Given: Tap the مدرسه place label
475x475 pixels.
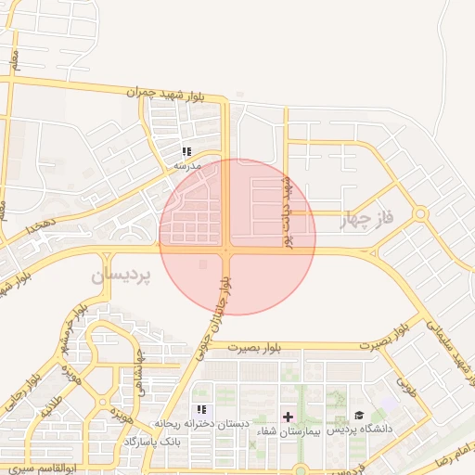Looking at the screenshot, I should pyautogui.click(x=187, y=166).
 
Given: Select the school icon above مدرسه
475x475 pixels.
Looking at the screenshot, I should pyautogui.click(x=186, y=151).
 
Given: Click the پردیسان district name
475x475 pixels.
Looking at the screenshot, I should pyautogui.click(x=121, y=276).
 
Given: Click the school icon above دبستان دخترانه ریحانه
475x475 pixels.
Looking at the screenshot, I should pyautogui.click(x=201, y=409).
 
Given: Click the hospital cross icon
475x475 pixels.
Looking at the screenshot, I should pyautogui.click(x=288, y=417).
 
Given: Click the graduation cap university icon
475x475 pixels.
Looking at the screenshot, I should pyautogui.click(x=359, y=416).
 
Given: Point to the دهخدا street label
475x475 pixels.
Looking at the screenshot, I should pyautogui.click(x=42, y=223).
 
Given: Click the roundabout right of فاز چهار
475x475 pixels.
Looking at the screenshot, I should pyautogui.click(x=420, y=213).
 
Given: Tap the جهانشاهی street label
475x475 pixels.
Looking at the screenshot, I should pyautogui.click(x=141, y=368).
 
